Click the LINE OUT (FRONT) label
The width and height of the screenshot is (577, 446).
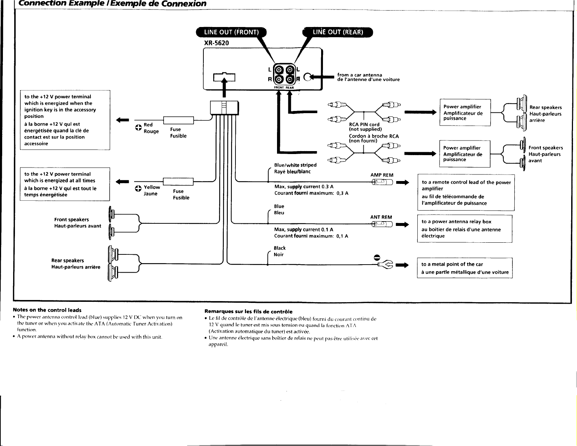(x=231, y=32)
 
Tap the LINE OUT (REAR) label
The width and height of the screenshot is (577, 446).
(x=338, y=32)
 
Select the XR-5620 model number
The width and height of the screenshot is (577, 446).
(x=217, y=43)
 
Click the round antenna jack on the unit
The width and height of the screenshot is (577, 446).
(x=308, y=77)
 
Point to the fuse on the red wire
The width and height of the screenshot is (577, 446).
(x=179, y=120)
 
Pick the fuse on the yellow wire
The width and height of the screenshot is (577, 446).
(x=178, y=181)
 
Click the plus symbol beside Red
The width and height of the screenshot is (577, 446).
(x=139, y=128)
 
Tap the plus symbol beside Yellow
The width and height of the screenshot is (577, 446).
(x=138, y=188)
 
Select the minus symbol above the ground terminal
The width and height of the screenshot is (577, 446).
(x=377, y=257)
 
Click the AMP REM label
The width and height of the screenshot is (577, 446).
(x=382, y=175)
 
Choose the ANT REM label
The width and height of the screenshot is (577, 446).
(x=381, y=217)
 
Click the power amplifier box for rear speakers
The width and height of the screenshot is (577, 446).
(x=465, y=112)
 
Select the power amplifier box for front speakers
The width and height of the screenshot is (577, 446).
(x=465, y=154)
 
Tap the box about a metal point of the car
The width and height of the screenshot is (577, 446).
(x=465, y=268)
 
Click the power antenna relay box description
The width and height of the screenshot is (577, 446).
(x=465, y=228)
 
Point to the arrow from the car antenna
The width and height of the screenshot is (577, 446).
(x=322, y=77)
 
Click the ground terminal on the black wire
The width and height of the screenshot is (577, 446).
(x=386, y=265)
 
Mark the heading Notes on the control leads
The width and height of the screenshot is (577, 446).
(x=47, y=310)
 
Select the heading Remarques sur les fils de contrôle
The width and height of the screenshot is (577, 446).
(x=248, y=312)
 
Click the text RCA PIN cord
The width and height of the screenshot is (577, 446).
(x=364, y=124)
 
